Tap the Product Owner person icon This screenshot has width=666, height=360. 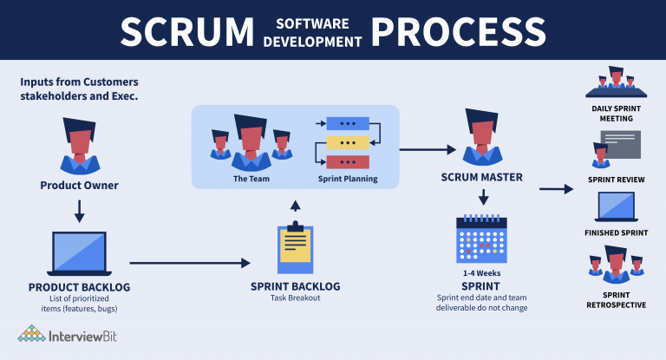pyautogui.click(x=79, y=143)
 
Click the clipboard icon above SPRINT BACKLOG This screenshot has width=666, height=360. pyautogui.click(x=296, y=246)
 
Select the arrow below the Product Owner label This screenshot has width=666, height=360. pyautogui.click(x=79, y=209)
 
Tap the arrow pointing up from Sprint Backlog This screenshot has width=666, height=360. pyautogui.click(x=296, y=205)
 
